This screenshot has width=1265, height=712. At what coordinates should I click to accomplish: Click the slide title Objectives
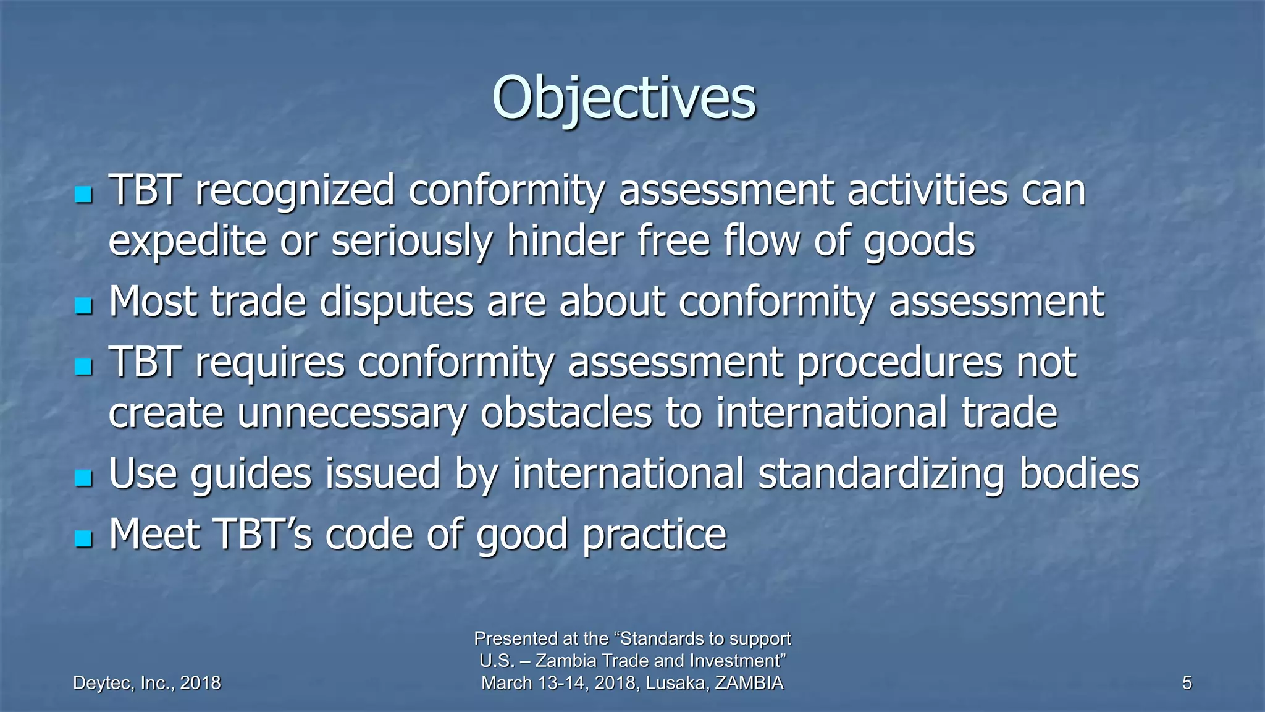pos(624,99)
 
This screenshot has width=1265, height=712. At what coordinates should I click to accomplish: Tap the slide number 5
pos(1187,683)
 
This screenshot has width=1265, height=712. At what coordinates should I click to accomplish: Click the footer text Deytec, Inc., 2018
pos(147,683)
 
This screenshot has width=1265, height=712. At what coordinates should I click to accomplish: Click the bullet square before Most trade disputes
pos(83,305)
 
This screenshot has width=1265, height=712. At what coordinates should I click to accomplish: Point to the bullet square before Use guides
pos(83,478)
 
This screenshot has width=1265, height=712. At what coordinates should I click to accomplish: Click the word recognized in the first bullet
pos(295,190)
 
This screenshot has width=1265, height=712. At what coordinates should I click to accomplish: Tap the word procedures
pos(899,363)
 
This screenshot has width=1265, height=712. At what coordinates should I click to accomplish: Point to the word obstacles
pos(566,412)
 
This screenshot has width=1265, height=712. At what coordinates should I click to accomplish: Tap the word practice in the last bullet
pos(654,535)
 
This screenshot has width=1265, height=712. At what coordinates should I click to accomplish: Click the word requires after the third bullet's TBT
pos(270,363)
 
